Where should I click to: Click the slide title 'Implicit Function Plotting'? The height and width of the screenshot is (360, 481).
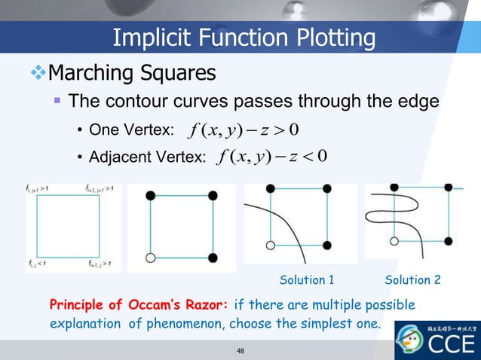(x=243, y=38)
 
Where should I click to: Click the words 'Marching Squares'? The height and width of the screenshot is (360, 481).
(x=132, y=73)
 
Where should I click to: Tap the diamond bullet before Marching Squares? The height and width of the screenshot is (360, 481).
(x=37, y=73)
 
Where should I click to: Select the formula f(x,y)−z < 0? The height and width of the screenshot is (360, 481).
(x=270, y=157)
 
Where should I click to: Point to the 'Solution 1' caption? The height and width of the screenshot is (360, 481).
(x=307, y=280)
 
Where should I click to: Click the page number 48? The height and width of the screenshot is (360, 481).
(x=241, y=350)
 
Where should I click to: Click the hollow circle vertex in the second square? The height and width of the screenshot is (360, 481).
(x=150, y=258)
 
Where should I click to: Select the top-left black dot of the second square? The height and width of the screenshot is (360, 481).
(x=150, y=195)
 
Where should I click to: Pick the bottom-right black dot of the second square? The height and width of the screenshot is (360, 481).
(x=213, y=258)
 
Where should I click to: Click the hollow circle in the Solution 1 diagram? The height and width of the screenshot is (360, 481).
(x=271, y=246)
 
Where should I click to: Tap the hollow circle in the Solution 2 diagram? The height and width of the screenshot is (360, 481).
(x=393, y=241)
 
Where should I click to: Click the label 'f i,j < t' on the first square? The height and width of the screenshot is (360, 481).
(x=37, y=263)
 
